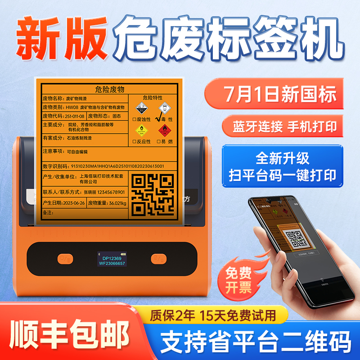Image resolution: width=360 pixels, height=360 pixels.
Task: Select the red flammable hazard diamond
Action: click(x=165, y=130)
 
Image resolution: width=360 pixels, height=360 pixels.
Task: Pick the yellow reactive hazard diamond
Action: click(x=141, y=130)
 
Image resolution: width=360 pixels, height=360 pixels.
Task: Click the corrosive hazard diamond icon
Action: click(x=141, y=108)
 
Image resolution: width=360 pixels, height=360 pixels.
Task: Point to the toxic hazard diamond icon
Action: click(x=165, y=108)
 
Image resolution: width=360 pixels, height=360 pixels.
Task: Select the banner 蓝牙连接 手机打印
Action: click(x=285, y=126)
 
